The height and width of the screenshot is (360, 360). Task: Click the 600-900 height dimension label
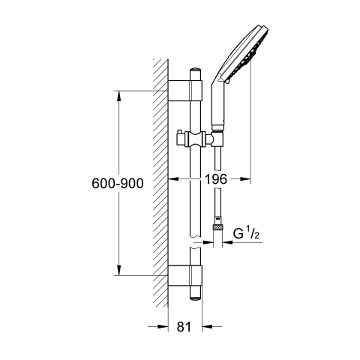pyautogui.click(x=118, y=183)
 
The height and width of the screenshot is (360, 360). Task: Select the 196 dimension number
pyautogui.click(x=216, y=179)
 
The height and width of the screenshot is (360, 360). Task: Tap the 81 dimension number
pyautogui.click(x=184, y=326)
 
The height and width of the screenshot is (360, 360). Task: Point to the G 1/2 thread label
pyautogui.click(x=246, y=233)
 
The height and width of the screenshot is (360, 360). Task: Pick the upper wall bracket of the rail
pyautogui.click(x=185, y=91)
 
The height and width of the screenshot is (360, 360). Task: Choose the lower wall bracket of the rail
pyautogui.click(x=185, y=275)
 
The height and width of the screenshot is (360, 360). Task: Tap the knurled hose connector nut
pyautogui.click(x=217, y=227)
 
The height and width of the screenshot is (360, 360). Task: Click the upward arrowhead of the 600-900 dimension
pyautogui.click(x=119, y=96)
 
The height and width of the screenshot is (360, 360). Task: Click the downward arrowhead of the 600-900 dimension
pyautogui.click(x=119, y=270)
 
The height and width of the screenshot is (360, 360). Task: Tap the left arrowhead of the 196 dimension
pyautogui.click(x=173, y=179)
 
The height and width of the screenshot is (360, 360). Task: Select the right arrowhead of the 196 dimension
pyautogui.click(x=245, y=178)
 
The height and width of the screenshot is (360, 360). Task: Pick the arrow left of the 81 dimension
pyautogui.click(x=157, y=326)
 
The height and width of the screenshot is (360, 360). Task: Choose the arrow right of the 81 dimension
pyautogui.click(x=212, y=326)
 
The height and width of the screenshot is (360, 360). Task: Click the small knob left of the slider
pyautogui.click(x=181, y=137)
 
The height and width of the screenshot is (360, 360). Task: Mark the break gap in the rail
pyautogui.click(x=196, y=242)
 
